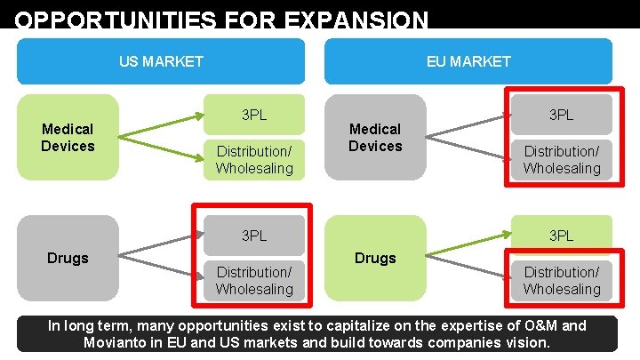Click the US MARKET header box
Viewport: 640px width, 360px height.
coord(161,61)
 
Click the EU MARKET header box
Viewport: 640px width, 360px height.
coord(468,61)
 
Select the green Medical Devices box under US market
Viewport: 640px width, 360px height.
coord(68,137)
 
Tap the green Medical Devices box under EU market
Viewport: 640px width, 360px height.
coord(375,137)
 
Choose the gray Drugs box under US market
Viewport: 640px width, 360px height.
coord(68,258)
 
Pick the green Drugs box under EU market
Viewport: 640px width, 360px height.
coord(375,258)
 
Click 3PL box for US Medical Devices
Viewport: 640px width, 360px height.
coord(254,115)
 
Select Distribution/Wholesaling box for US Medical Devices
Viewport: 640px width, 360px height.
coord(254,159)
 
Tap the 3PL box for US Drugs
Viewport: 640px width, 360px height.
coord(254,236)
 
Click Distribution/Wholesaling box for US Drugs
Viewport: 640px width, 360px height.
coord(254,280)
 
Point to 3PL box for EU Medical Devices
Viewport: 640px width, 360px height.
coord(561,115)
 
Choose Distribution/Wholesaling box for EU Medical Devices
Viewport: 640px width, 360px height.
coord(561,159)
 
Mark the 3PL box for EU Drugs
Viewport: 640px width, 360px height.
coord(561,236)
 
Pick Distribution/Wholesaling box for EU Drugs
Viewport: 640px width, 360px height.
coord(561,280)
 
